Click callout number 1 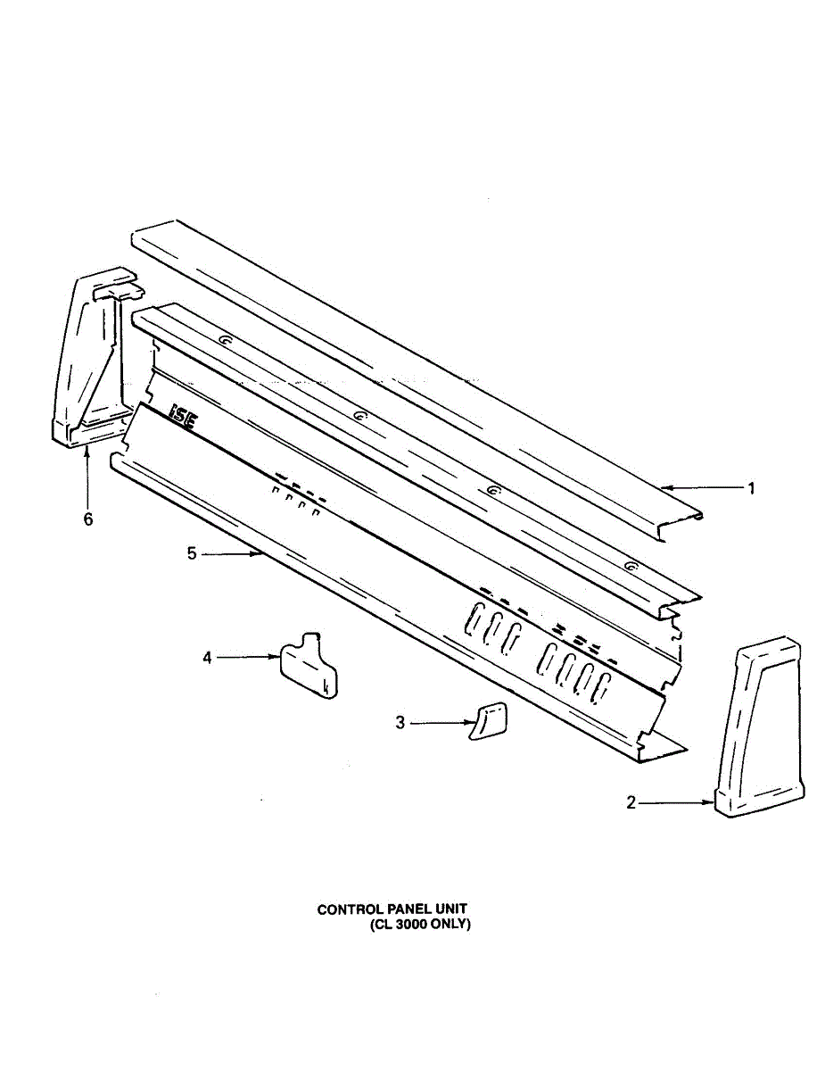pyautogui.click(x=751, y=488)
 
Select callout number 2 pyautogui.click(x=631, y=802)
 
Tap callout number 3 pyautogui.click(x=400, y=722)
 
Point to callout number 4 pyautogui.click(x=208, y=658)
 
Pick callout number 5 pyautogui.click(x=192, y=554)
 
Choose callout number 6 pyautogui.click(x=87, y=519)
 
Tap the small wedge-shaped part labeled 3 pyautogui.click(x=488, y=720)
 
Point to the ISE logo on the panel pyautogui.click(x=182, y=414)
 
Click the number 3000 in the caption pyautogui.click(x=410, y=925)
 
